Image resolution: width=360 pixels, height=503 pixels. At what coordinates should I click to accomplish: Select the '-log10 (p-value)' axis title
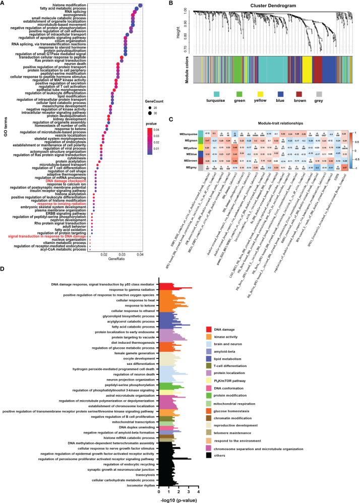tap(179, 498)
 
